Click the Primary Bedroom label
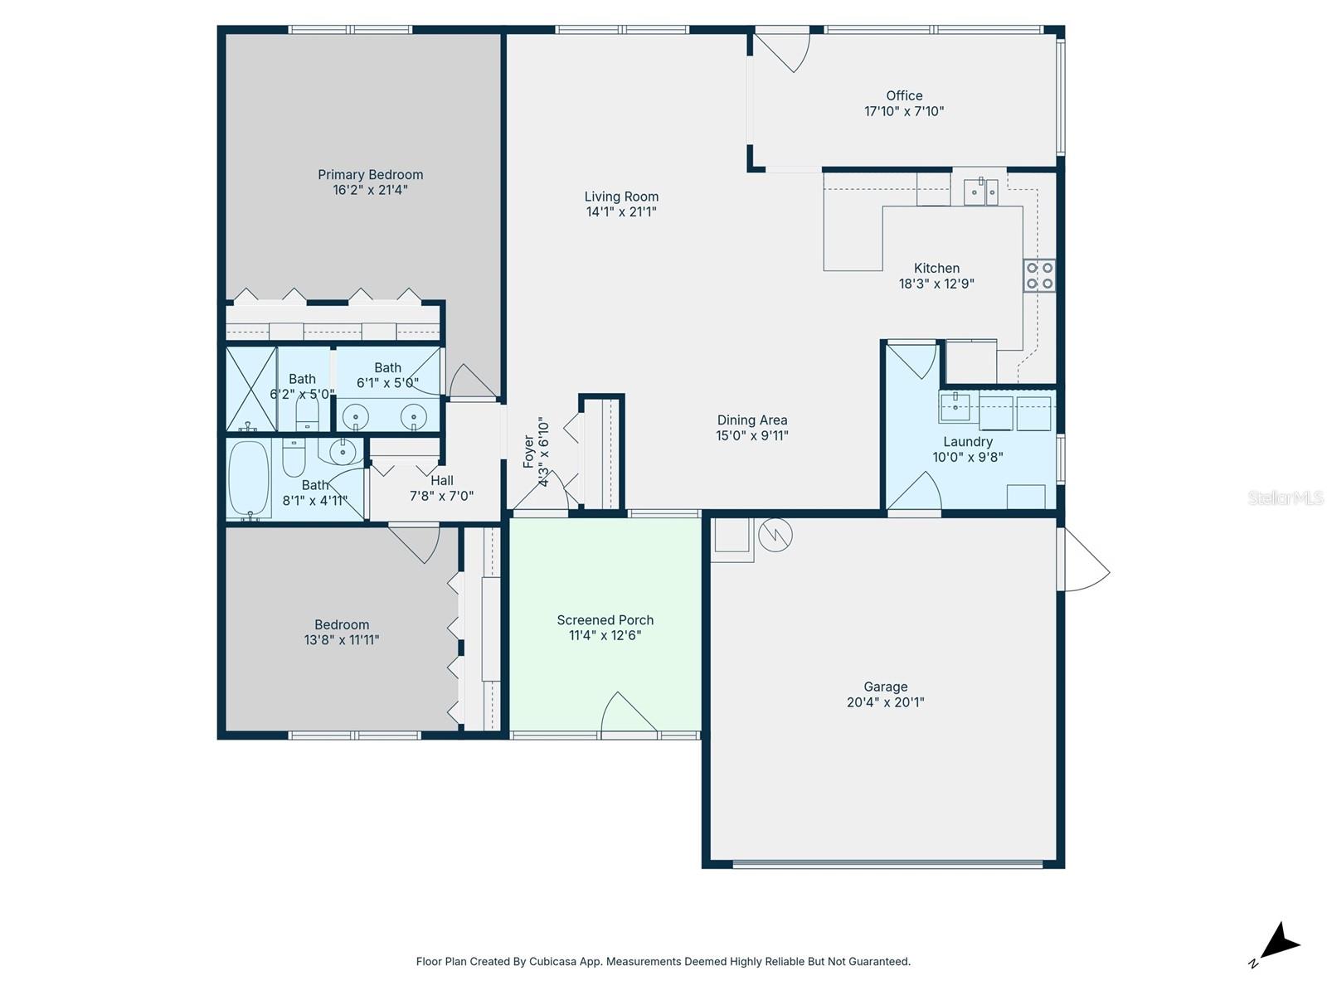tap(370, 174)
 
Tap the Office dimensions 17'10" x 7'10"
tap(904, 111)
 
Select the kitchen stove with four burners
tap(1039, 275)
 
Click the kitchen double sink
tap(981, 192)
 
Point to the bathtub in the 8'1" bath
tap(249, 479)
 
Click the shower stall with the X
tap(251, 388)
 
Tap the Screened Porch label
tap(605, 619)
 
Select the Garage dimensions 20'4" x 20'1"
tap(885, 702)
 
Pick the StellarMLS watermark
tap(1286, 498)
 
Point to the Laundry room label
tap(967, 442)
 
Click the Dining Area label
tap(751, 420)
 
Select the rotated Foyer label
tap(528, 452)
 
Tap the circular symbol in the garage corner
tap(775, 535)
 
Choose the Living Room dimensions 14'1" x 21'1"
tap(621, 212)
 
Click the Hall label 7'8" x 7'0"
tap(442, 481)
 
